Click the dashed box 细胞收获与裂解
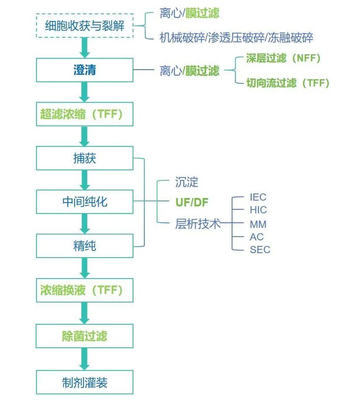click(x=84, y=26)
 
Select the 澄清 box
click(x=84, y=70)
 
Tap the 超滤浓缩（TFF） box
click(x=84, y=114)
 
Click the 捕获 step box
click(x=84, y=158)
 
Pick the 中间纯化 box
click(x=84, y=202)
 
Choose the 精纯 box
click(x=84, y=246)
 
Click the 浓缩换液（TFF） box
click(x=84, y=290)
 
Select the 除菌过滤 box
click(x=84, y=336)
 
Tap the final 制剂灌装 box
click(x=84, y=382)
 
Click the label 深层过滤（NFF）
click(x=283, y=58)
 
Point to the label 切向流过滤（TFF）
click(x=287, y=83)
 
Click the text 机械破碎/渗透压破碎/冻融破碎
click(x=236, y=38)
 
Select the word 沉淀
click(x=187, y=182)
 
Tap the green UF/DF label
click(x=191, y=202)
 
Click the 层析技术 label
click(x=198, y=224)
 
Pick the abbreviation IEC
click(x=258, y=197)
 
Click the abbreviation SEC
click(x=260, y=250)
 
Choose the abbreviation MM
click(x=258, y=224)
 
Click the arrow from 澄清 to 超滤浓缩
click(x=84, y=92)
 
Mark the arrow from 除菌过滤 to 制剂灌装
click(x=84, y=359)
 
